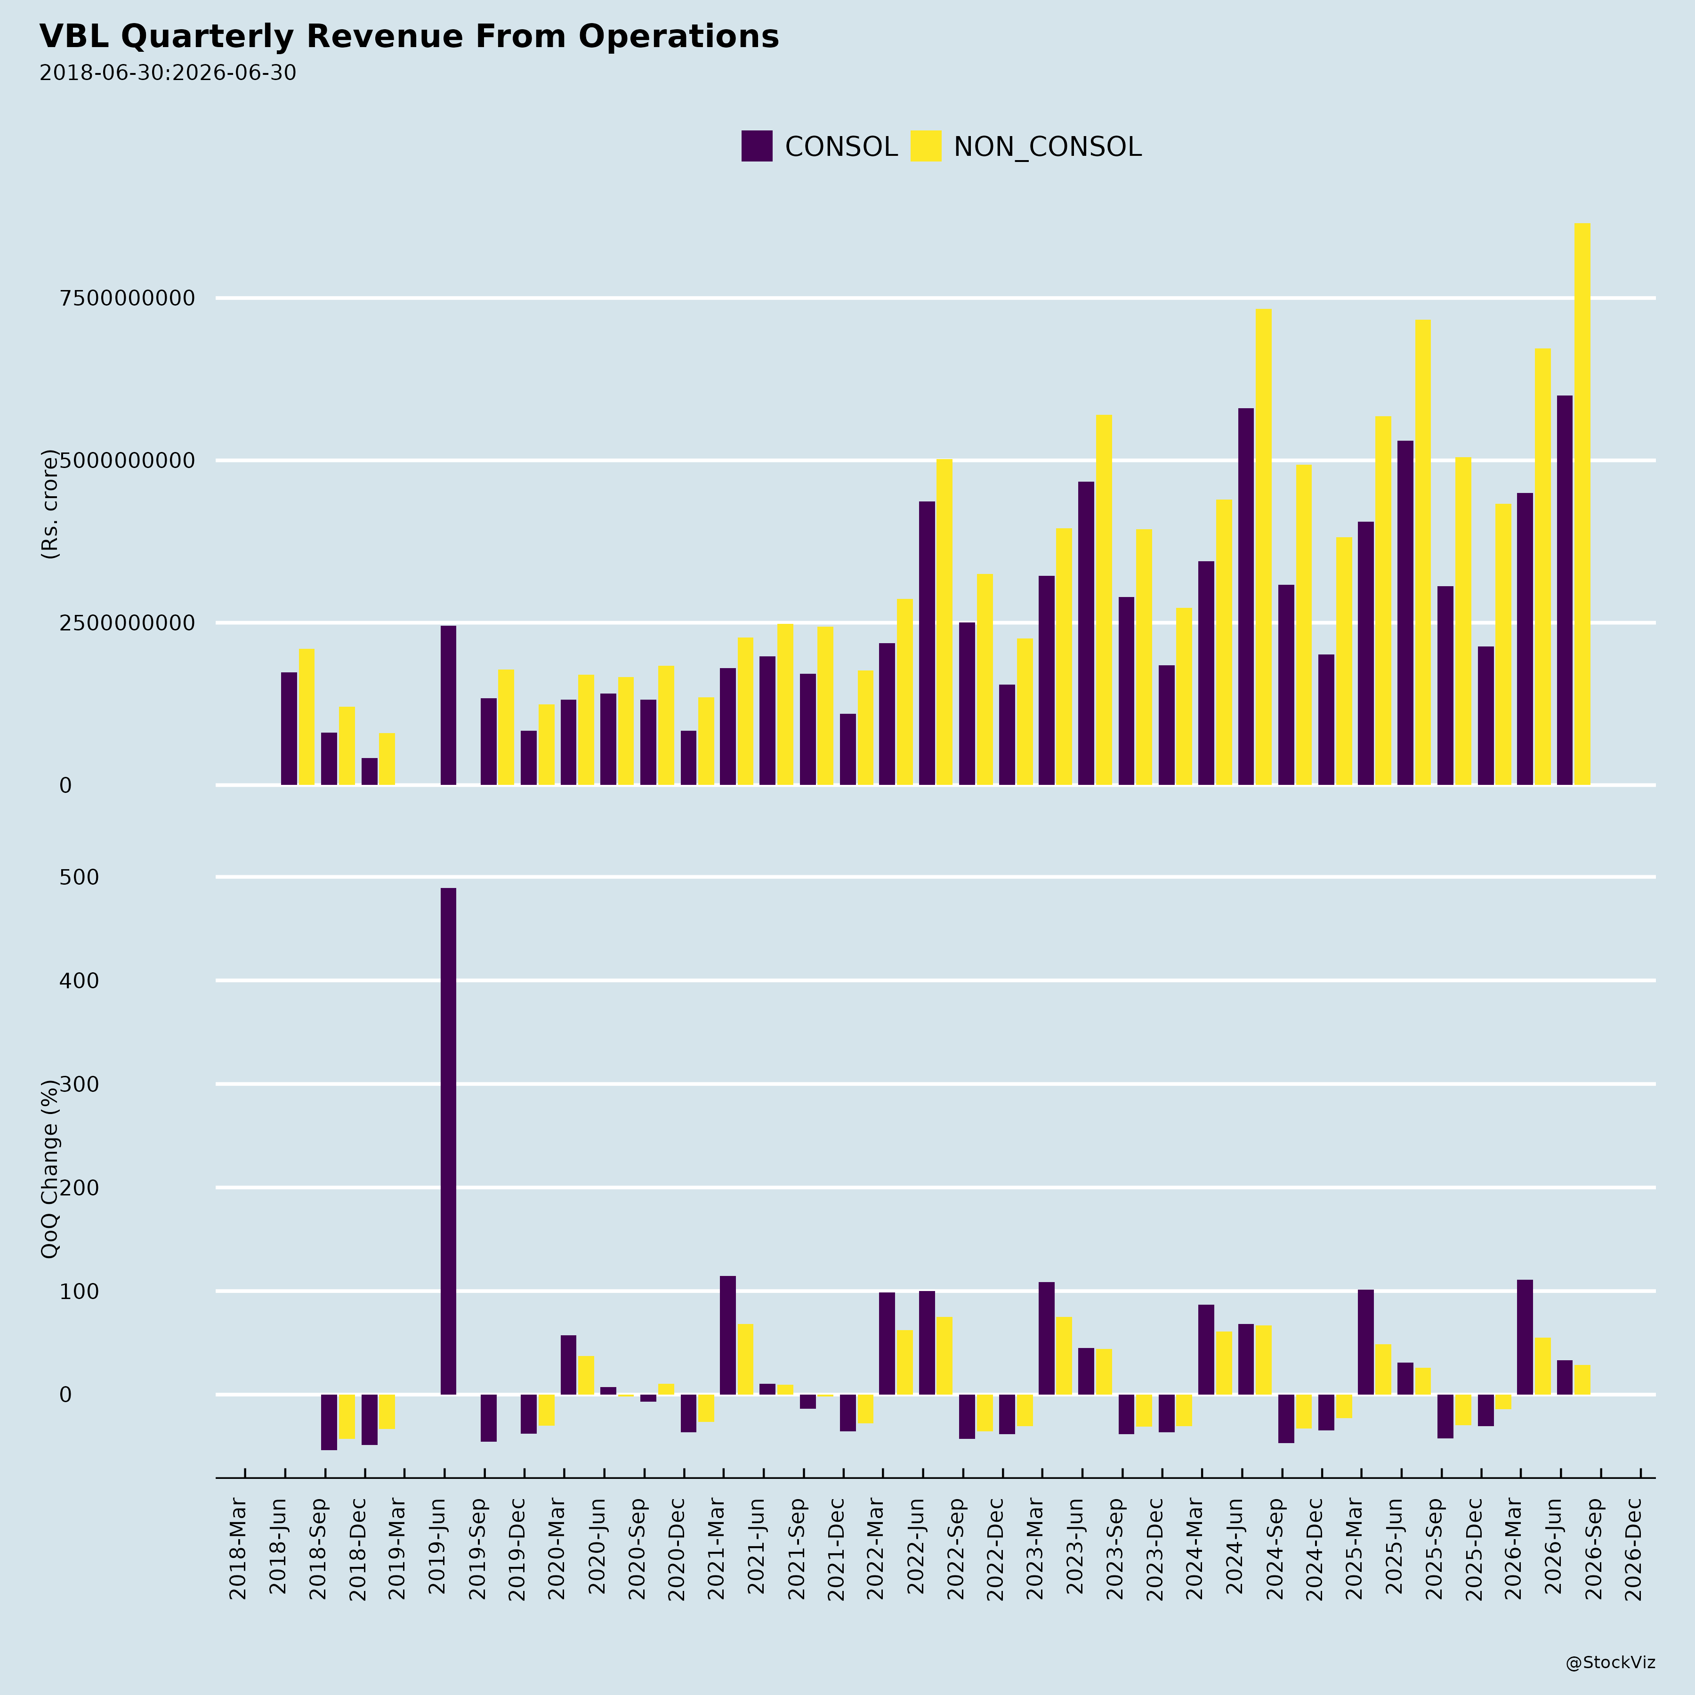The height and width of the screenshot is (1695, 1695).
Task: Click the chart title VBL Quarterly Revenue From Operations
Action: point(409,37)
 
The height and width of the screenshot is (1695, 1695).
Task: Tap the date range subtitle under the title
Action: point(168,73)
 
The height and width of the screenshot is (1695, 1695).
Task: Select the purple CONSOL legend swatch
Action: point(756,145)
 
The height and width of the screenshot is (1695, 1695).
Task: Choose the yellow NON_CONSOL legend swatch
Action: point(926,145)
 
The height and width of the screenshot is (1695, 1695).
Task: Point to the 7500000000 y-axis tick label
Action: point(127,299)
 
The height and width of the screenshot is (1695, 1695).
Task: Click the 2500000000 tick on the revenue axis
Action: point(127,623)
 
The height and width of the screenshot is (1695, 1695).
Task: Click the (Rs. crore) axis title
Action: point(50,504)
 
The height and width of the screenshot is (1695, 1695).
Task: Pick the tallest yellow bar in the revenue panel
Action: point(1582,504)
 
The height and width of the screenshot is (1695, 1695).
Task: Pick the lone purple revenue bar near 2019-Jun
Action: point(448,705)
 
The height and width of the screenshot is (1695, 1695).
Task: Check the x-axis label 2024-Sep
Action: point(1274,1549)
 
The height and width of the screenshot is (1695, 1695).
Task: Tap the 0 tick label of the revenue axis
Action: point(66,785)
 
